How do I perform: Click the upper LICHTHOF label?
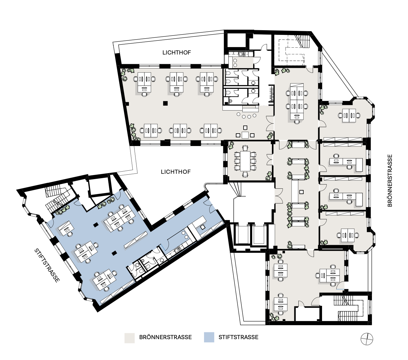point(177,53)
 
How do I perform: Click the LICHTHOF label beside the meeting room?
point(176,172)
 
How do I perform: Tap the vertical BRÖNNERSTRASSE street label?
point(390,180)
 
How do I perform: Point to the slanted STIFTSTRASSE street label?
point(47,266)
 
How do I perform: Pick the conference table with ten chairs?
point(245,161)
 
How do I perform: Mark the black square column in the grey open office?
point(165,103)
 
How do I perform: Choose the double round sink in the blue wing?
point(185,235)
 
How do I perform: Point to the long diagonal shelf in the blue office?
point(135,240)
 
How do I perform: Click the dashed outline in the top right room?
point(291,50)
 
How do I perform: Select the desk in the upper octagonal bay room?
point(349,116)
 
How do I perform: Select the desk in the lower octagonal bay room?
point(348,235)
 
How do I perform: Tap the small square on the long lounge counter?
point(301,192)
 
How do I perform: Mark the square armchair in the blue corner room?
point(202,227)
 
